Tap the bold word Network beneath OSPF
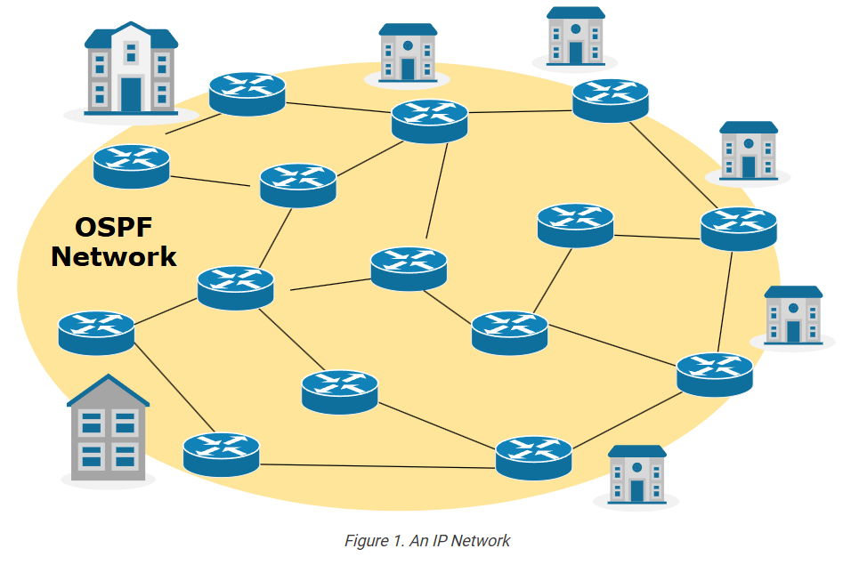[113, 257]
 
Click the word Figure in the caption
[365, 540]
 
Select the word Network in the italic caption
[481, 540]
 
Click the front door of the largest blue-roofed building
[131, 94]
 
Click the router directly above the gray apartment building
[96, 333]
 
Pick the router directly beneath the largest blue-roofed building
[131, 166]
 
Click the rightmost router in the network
[738, 229]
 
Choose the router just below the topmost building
[610, 101]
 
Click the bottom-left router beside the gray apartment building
[221, 454]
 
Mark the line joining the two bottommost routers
[377, 464]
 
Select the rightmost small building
[793, 316]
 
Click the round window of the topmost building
[575, 28]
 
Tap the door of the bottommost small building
[636, 490]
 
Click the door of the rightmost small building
[793, 331]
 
